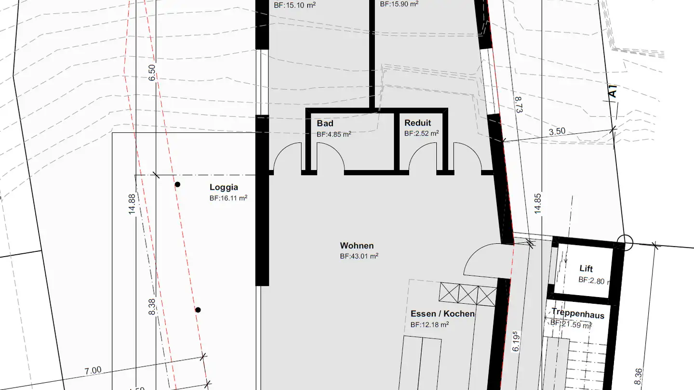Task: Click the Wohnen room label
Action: tap(357, 246)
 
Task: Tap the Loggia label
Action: tap(224, 188)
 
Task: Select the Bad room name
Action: tap(325, 124)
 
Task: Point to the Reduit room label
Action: tap(417, 123)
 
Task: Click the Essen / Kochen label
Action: tap(442, 314)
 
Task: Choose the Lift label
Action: tap(586, 269)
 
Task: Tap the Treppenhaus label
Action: tap(578, 314)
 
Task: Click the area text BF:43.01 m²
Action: tap(359, 257)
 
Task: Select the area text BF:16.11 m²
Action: tap(228, 198)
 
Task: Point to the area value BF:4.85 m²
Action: tap(334, 134)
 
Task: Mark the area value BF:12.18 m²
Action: tap(429, 325)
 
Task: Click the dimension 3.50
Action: tap(557, 131)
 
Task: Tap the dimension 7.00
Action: tap(93, 370)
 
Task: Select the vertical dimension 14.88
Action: tap(133, 203)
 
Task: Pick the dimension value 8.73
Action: tap(518, 104)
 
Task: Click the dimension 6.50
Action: tap(152, 72)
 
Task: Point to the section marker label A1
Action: tap(612, 91)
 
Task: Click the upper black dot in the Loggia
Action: tap(177, 184)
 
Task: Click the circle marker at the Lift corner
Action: tap(625, 242)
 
